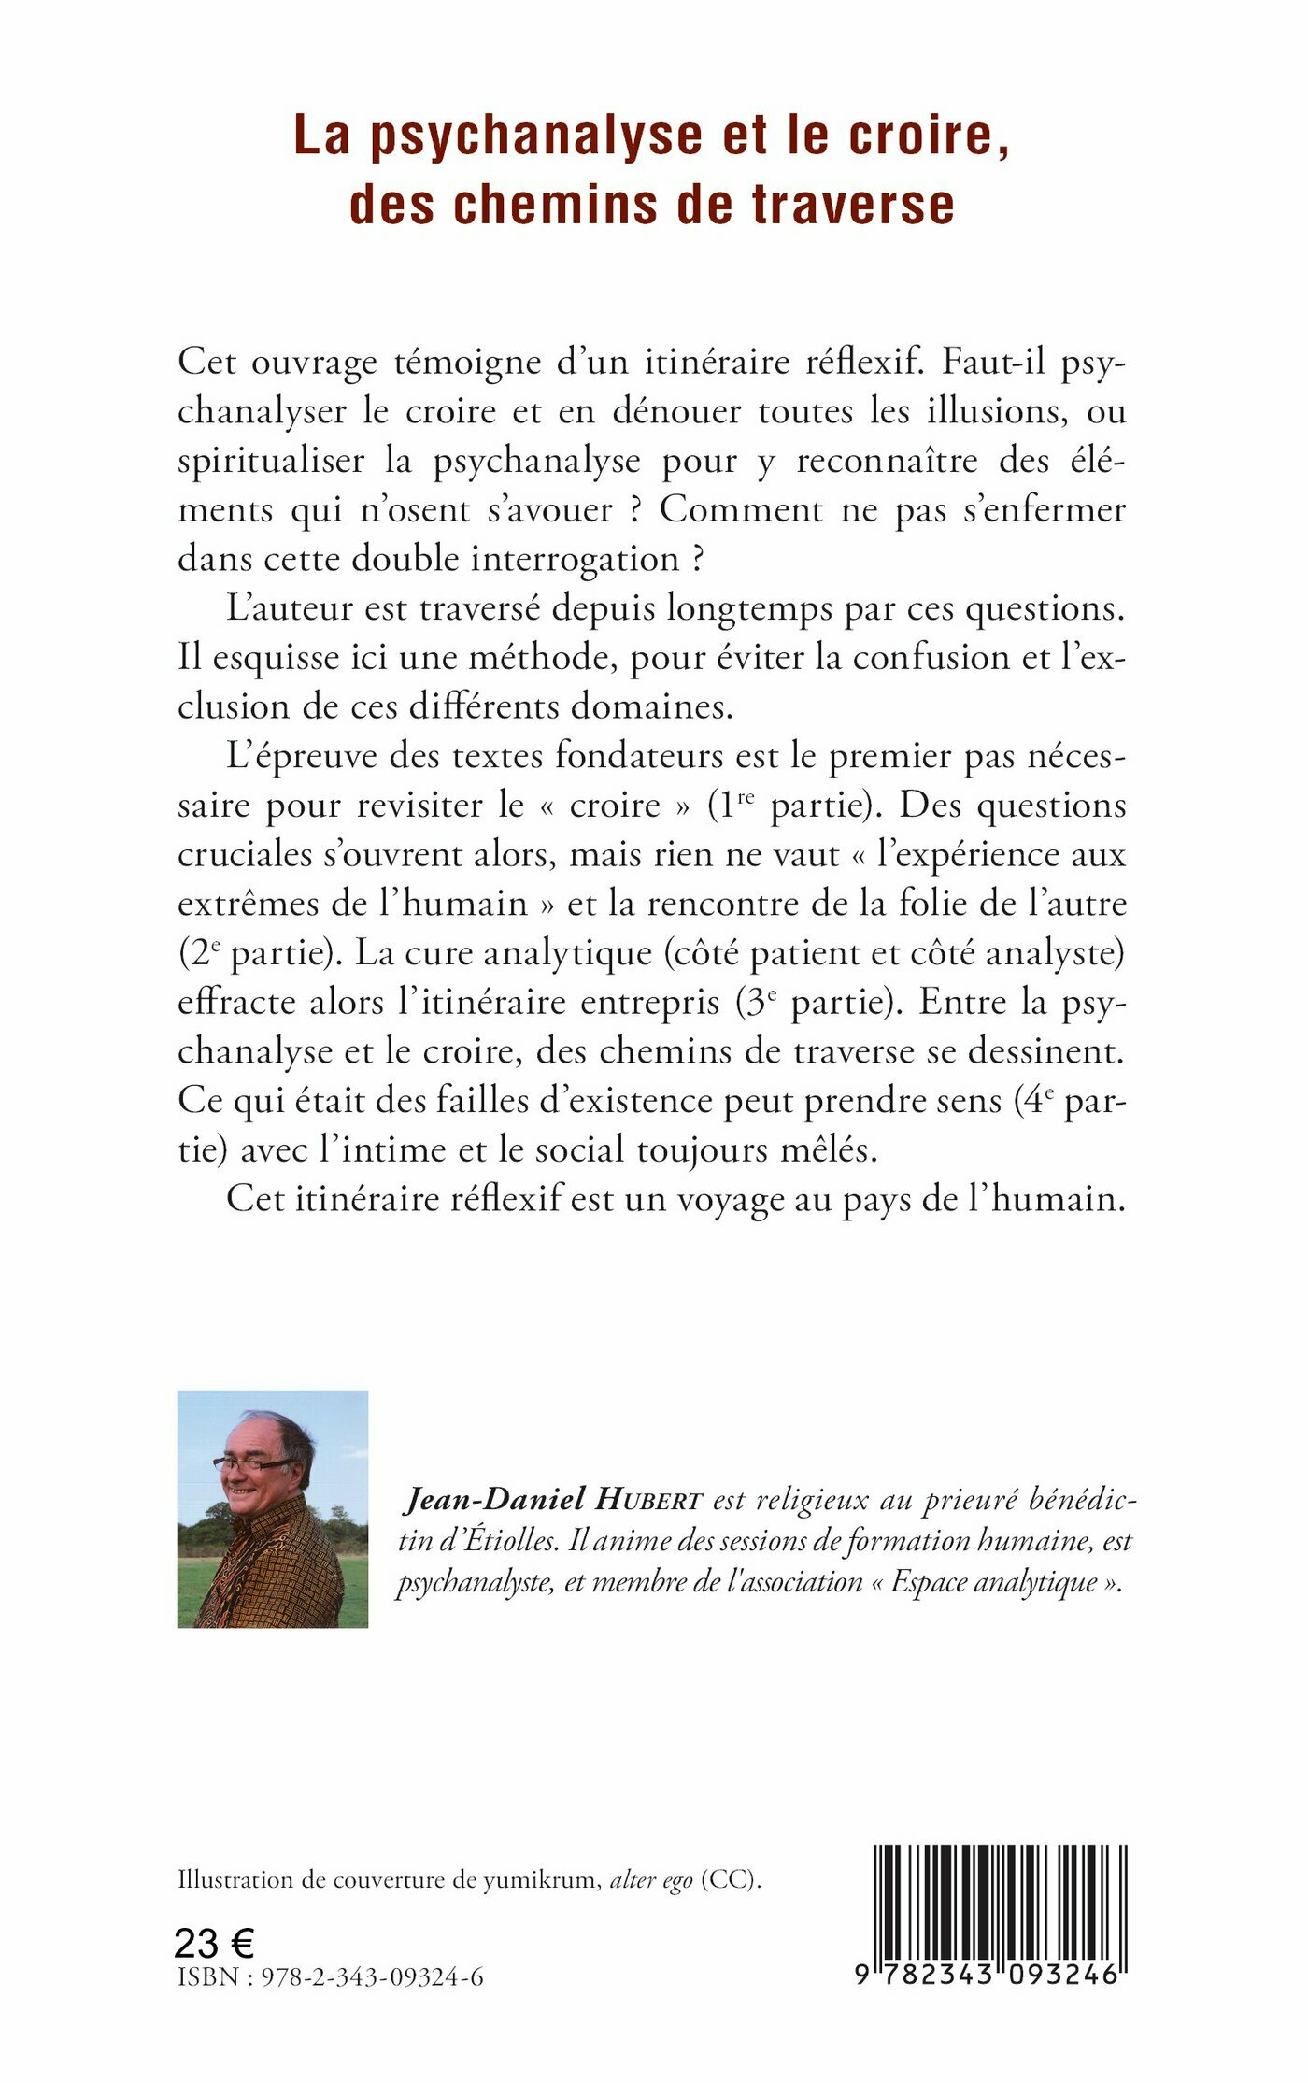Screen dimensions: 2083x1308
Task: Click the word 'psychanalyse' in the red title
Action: coord(535,136)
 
